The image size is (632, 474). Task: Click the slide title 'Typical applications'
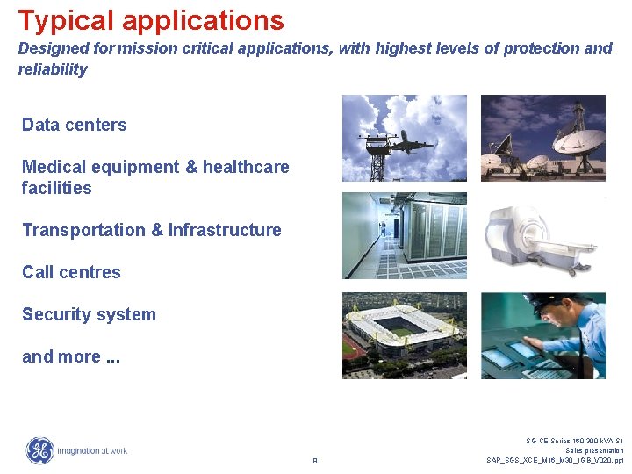151,20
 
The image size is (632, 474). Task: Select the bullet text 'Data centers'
74,125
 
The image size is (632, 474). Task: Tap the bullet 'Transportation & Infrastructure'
151,230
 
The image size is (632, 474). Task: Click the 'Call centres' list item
71,272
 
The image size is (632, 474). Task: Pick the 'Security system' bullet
89,314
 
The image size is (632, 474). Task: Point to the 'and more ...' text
71,356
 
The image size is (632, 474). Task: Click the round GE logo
39,451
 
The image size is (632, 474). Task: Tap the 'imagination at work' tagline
92,451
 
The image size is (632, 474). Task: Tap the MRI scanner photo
542,236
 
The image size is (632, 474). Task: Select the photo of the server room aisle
404,236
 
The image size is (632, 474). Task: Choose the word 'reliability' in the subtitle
53,69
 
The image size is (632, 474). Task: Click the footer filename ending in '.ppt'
555,460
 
